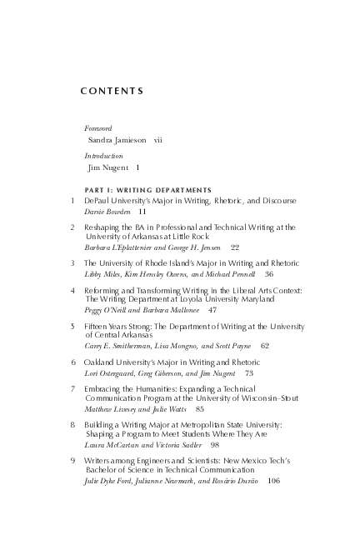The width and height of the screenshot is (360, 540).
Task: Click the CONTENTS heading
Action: [112, 90]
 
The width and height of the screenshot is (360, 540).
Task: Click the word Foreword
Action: [98, 128]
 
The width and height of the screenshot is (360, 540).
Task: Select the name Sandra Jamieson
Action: [117, 140]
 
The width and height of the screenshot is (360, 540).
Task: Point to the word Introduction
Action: [103, 156]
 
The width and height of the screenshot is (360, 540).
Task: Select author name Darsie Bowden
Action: [107, 212]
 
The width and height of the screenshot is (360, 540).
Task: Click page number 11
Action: [142, 212]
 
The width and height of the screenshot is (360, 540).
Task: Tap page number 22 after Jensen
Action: [234, 247]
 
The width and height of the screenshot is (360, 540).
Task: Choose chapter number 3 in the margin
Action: [72, 262]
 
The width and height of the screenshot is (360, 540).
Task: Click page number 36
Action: [268, 273]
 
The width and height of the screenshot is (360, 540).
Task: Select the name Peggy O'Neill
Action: [107, 309]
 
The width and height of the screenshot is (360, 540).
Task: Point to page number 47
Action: [212, 309]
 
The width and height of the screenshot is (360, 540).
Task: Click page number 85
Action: [200, 410]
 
